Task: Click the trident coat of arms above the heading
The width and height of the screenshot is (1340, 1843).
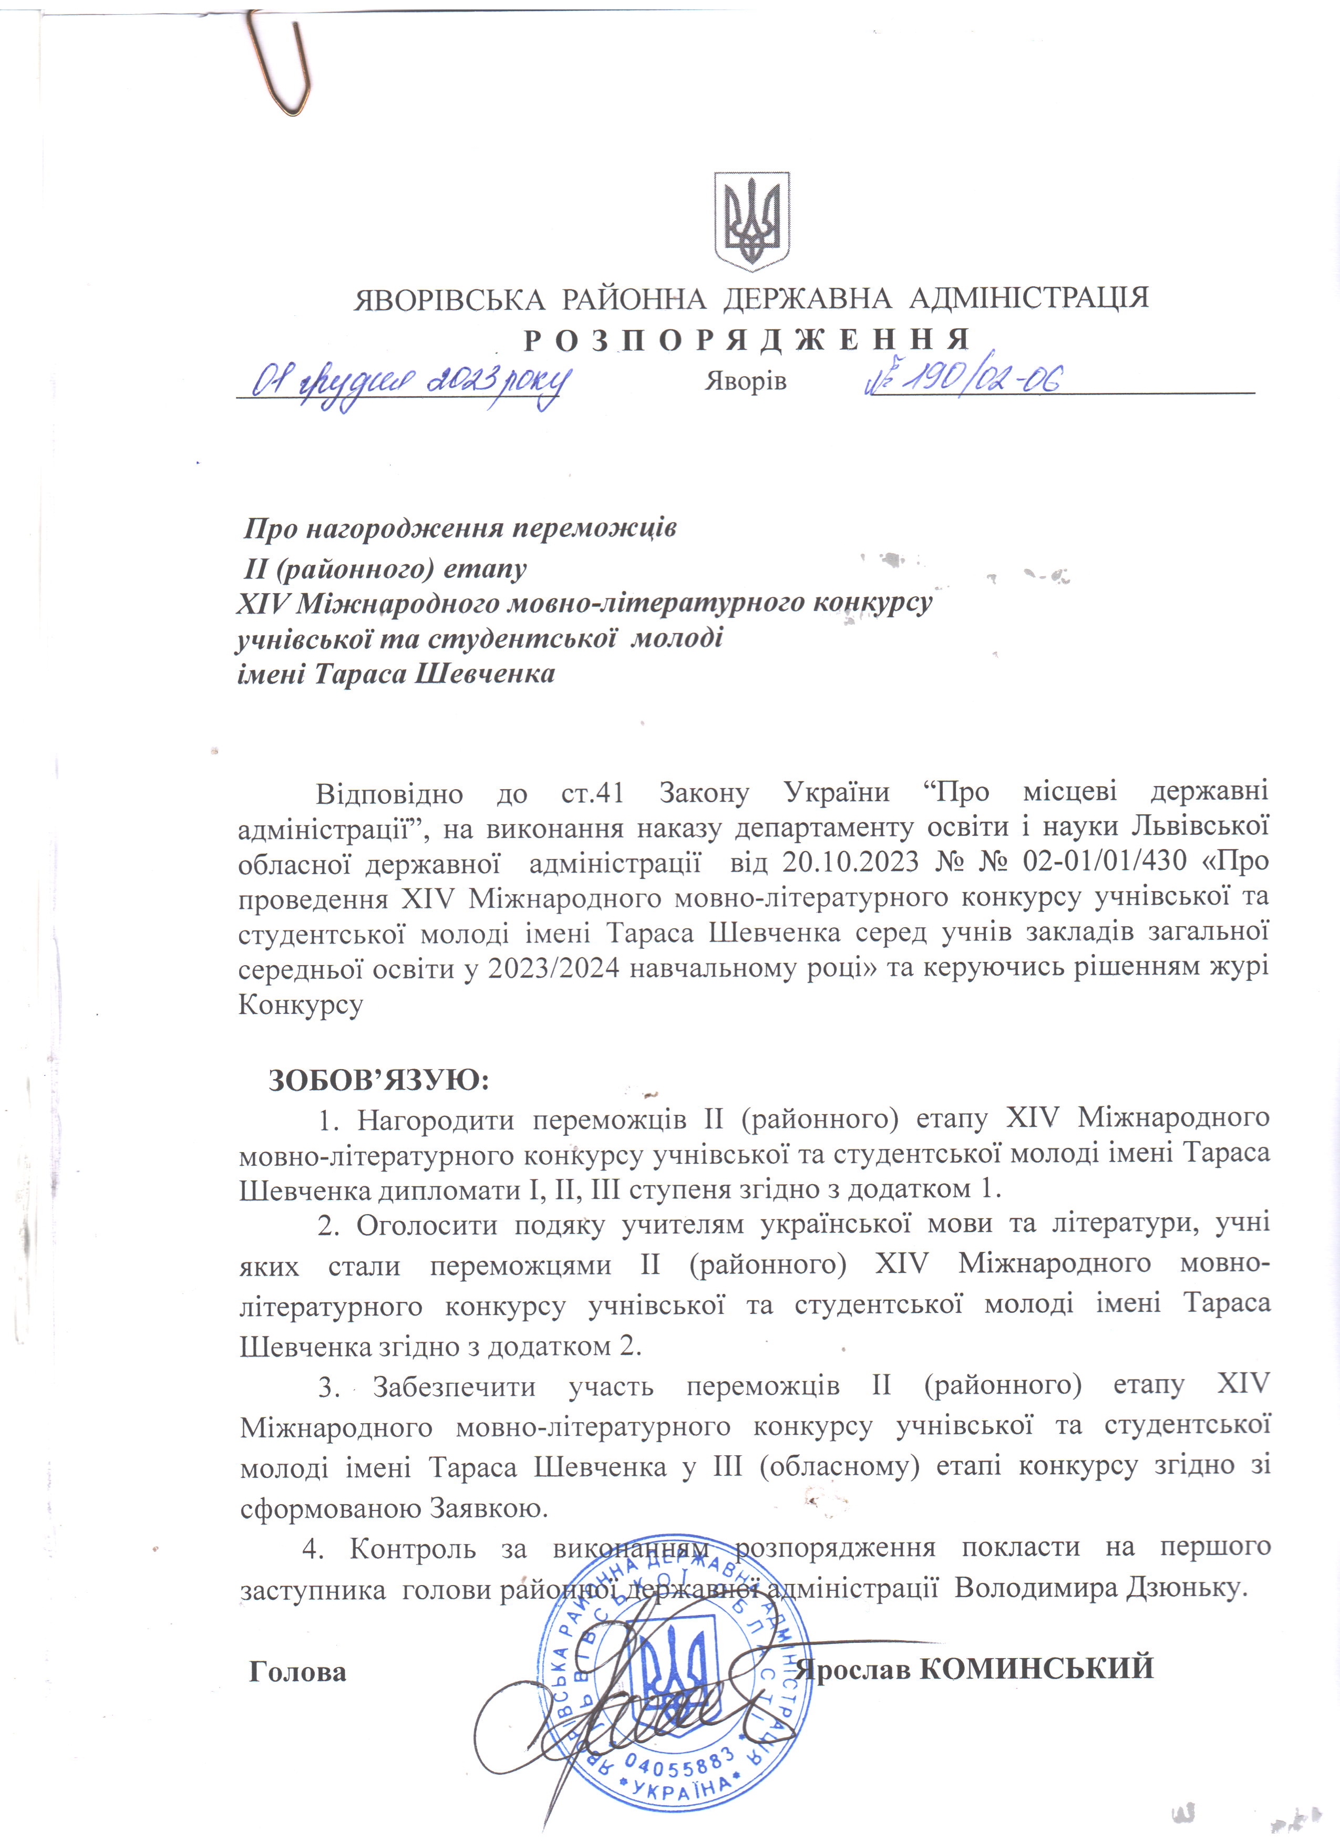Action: [x=751, y=221]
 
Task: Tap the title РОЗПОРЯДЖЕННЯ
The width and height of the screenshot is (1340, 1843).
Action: [x=747, y=340]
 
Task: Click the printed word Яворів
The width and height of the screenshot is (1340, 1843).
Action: [x=745, y=381]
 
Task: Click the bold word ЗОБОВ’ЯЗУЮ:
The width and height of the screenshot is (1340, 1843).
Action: [x=379, y=1080]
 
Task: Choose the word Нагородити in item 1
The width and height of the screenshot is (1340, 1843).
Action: [x=436, y=1121]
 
